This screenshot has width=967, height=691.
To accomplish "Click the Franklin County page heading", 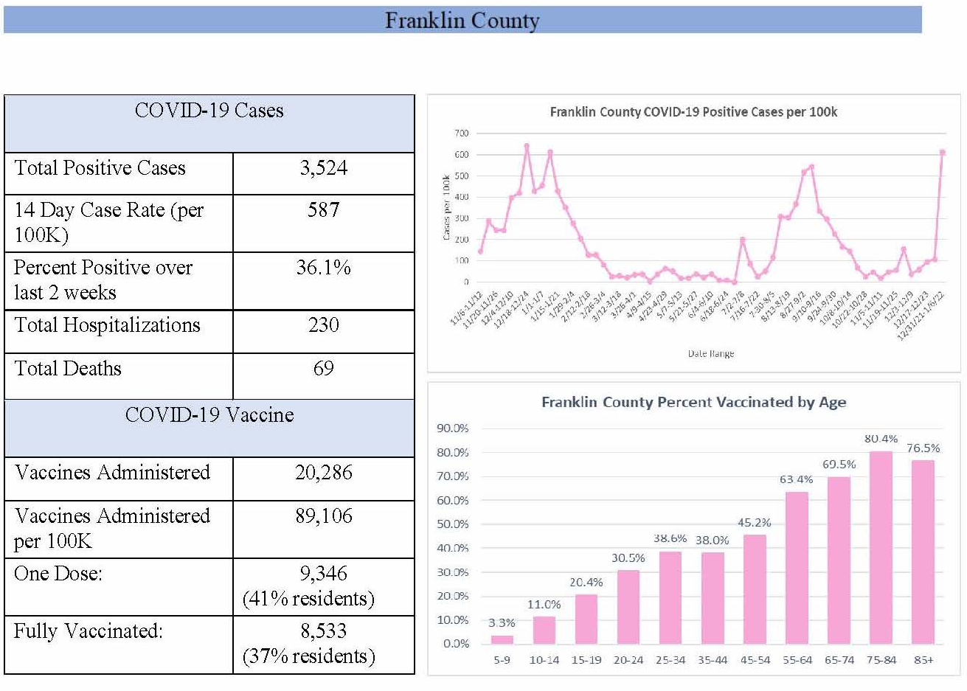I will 462,20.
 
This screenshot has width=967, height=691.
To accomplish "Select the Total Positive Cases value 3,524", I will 323,169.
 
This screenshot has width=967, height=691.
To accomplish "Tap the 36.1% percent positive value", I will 323,268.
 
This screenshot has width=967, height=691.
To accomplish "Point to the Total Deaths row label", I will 68,368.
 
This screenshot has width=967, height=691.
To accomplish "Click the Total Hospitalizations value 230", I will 323,325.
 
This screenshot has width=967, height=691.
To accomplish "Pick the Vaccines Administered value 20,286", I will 323,473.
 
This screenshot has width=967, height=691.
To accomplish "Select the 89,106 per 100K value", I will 323,516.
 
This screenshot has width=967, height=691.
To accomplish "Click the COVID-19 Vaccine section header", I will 209,415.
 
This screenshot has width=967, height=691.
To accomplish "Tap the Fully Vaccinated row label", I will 88,631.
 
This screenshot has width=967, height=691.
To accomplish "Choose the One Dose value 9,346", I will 323,574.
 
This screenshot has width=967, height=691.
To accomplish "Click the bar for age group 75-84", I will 881,547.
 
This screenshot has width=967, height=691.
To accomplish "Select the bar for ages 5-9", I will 502,639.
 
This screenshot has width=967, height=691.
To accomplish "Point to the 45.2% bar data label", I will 754,523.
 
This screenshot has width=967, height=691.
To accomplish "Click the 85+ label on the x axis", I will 923,660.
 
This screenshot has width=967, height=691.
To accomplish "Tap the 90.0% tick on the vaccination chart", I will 453,428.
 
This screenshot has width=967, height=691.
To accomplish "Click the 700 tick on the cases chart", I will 462,133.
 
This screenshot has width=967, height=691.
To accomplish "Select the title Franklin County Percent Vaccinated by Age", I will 693,403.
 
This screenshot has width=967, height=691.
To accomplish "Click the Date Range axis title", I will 710,354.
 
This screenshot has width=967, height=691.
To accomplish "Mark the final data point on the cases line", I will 942,153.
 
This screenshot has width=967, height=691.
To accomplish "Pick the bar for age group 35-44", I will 713,598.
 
